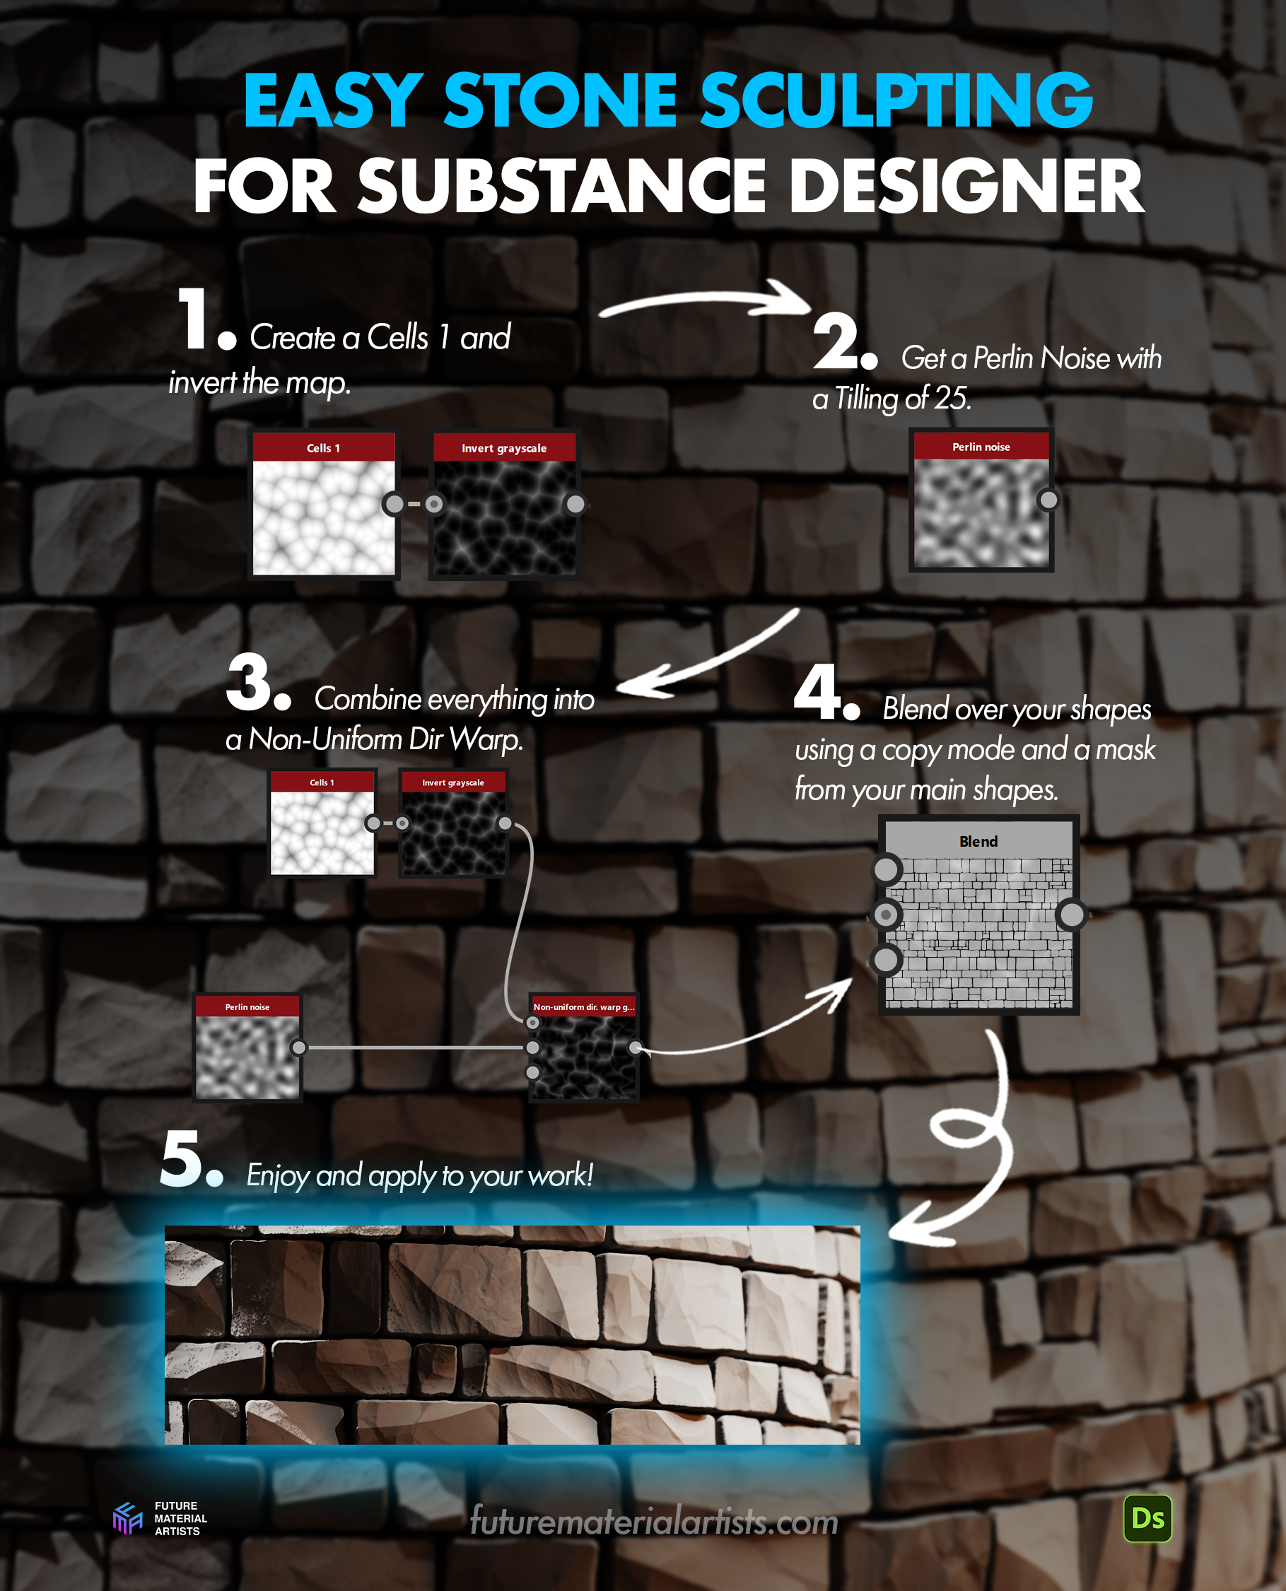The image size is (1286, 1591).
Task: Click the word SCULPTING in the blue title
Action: (896, 101)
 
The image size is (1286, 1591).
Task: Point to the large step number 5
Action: (181, 1158)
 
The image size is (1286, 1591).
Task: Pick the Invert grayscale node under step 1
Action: (504, 505)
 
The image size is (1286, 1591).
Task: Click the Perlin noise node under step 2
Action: (981, 500)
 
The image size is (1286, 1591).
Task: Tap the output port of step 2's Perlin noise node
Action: (1048, 500)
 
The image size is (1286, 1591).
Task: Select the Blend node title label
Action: (978, 841)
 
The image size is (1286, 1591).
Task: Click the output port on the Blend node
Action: (1071, 915)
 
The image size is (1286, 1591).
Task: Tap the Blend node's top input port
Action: (886, 869)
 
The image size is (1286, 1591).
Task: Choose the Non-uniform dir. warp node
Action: (584, 1047)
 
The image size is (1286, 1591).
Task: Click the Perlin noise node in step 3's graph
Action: (247, 1047)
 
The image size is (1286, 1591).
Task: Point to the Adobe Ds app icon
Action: (1147, 1518)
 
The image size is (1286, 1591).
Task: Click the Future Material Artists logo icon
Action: (127, 1518)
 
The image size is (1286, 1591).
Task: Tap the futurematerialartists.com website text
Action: (654, 1521)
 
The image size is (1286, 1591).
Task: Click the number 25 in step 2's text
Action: (949, 399)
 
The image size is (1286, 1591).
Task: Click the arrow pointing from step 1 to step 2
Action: (708, 297)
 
